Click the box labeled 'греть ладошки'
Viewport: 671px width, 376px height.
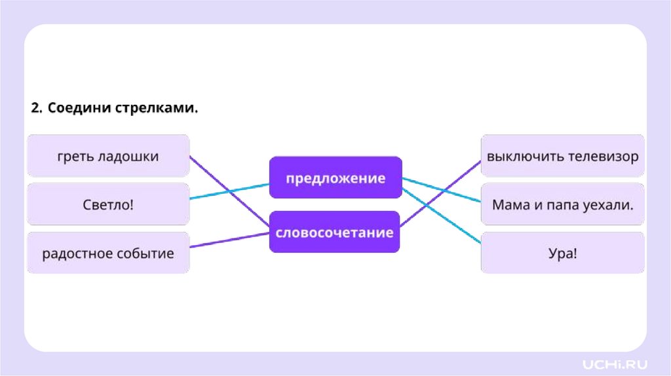tap(108, 156)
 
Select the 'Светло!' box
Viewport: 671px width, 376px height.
tap(108, 204)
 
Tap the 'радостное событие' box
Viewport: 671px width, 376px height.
tap(108, 253)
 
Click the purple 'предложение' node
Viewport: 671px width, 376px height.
tap(335, 178)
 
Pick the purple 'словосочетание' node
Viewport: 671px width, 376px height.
tap(334, 232)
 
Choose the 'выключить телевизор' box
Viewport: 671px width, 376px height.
tap(562, 156)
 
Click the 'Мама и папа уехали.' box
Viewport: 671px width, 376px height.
tap(562, 204)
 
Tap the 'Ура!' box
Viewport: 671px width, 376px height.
tap(562, 253)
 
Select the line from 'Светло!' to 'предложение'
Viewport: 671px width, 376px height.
tap(229, 191)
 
